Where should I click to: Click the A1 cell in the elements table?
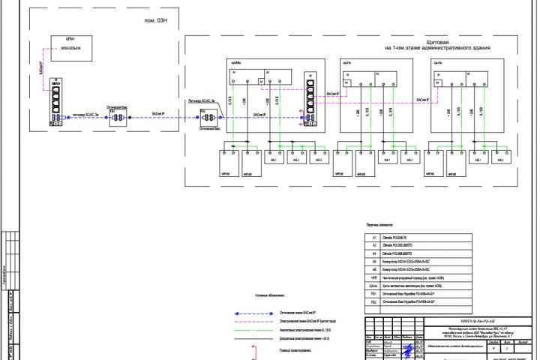click(x=373, y=236)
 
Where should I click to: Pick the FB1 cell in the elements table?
click(x=373, y=293)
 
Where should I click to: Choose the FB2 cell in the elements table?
click(x=373, y=302)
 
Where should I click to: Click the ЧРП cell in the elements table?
click(x=373, y=277)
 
